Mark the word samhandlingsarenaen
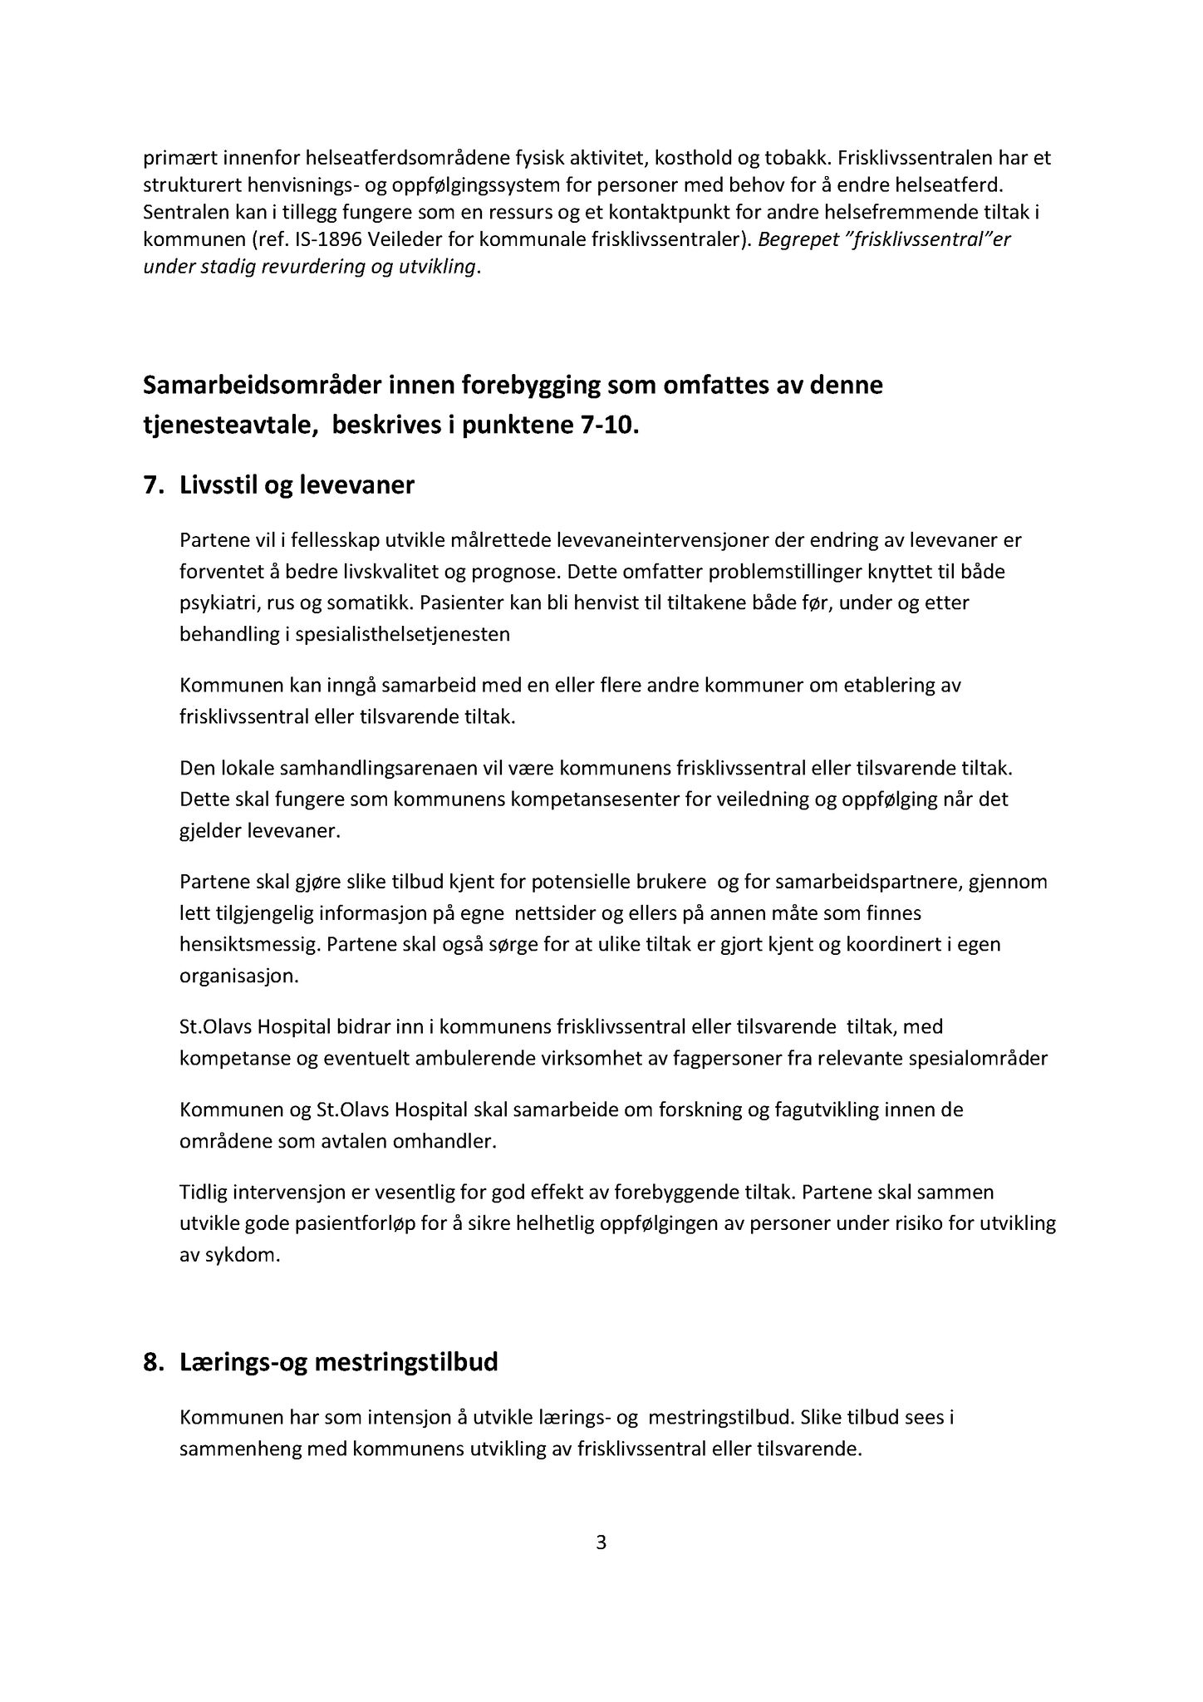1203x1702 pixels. point(363,768)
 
